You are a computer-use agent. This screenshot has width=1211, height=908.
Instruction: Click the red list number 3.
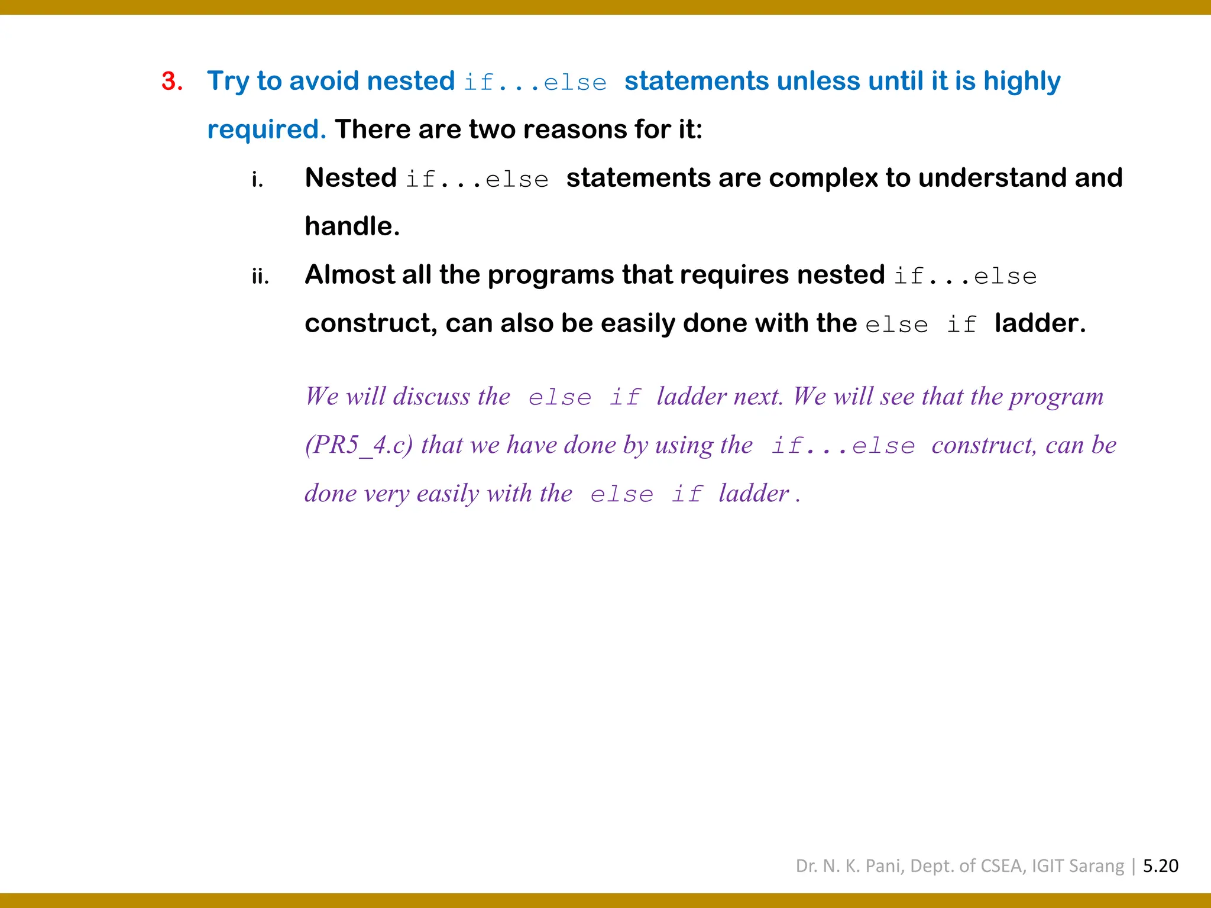[x=171, y=81]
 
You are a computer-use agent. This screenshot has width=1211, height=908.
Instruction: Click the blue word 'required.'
[x=266, y=129]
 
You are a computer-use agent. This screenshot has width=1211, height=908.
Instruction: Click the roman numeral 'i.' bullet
[x=257, y=179]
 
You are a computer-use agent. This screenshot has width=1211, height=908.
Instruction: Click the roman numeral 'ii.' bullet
[x=260, y=276]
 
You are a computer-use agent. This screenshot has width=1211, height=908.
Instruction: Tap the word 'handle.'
[x=352, y=226]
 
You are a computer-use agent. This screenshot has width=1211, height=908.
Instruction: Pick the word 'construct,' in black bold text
[x=371, y=323]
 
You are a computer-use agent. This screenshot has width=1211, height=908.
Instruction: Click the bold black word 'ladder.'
[x=1040, y=323]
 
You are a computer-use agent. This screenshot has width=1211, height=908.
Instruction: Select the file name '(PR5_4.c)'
[x=358, y=445]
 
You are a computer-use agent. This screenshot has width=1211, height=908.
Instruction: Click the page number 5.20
[x=1160, y=866]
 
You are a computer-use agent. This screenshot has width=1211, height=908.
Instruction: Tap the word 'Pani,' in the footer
[x=885, y=866]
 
